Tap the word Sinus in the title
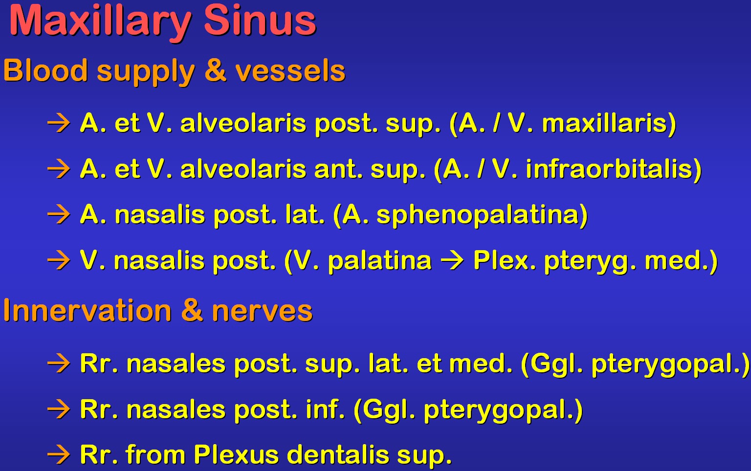click(x=260, y=21)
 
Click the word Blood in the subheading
click(x=45, y=70)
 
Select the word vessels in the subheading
click(x=290, y=71)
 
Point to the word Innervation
click(x=88, y=310)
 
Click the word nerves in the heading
click(x=262, y=312)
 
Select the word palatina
click(x=379, y=261)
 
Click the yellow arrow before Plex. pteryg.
click(x=452, y=260)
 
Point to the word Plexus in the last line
click(x=236, y=454)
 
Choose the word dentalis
click(x=338, y=454)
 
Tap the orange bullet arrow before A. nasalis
click(x=59, y=214)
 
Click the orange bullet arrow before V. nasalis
click(x=59, y=260)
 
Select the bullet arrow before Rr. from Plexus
click(x=59, y=454)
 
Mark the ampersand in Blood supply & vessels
click(x=215, y=70)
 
